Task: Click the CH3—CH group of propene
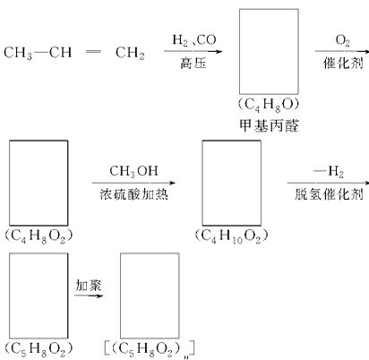[x=38, y=53]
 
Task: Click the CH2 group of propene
[x=130, y=53]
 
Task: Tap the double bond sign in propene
[x=93, y=52]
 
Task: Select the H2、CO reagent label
[x=194, y=40]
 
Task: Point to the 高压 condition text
[x=193, y=64]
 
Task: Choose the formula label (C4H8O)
[x=269, y=106]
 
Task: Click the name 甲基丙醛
[x=269, y=125]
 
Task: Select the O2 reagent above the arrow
[x=342, y=40]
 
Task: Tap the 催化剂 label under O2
[x=343, y=64]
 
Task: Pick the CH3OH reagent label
[x=133, y=171]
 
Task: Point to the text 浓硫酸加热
[x=133, y=194]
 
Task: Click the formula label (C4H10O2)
[x=231, y=236]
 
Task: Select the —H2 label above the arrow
[x=329, y=172]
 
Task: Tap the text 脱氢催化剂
[x=329, y=194]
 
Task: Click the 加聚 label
[x=89, y=286]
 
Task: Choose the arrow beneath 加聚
[x=89, y=296]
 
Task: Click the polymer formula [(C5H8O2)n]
[x=150, y=349]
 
